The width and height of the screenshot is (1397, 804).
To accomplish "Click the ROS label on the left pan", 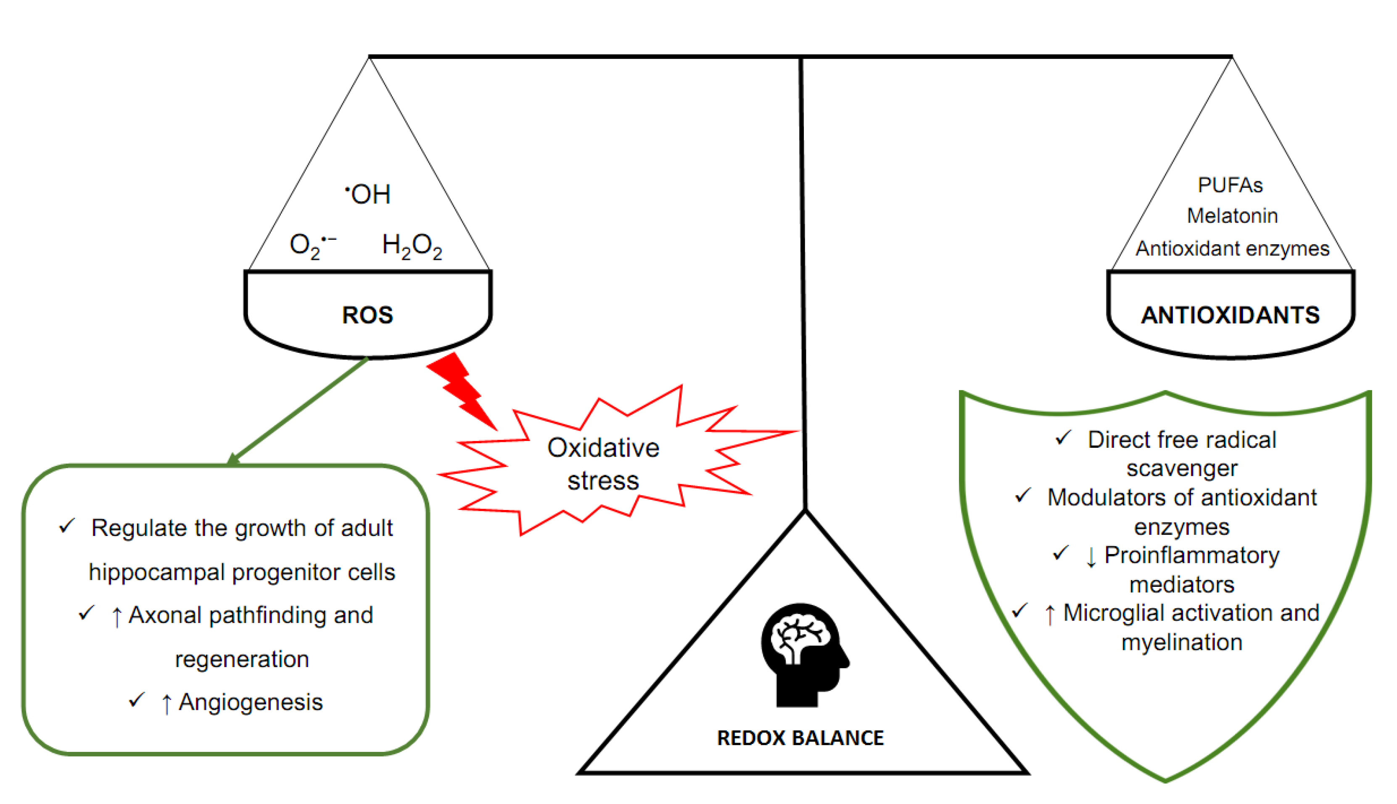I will tap(367, 315).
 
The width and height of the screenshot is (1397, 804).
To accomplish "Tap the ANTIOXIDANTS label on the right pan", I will tap(1230, 315).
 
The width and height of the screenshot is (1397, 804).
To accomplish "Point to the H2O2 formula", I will tap(412, 246).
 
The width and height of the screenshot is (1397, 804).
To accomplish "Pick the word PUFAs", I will tap(1230, 185).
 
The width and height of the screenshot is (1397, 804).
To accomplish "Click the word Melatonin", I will tap(1232, 216).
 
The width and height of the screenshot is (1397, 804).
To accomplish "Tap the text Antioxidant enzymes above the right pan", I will tap(1232, 249).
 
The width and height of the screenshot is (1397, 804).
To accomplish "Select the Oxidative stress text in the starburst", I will tap(603, 464).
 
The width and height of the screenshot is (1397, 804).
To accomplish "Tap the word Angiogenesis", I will tap(250, 702).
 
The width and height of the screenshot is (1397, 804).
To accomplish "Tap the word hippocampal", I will tap(156, 572).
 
